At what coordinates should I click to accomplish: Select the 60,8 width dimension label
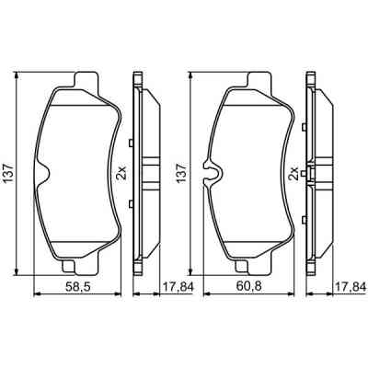point(246,287)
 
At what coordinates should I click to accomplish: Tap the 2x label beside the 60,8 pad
point(293,171)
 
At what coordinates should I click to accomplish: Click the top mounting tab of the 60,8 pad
point(259,81)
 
